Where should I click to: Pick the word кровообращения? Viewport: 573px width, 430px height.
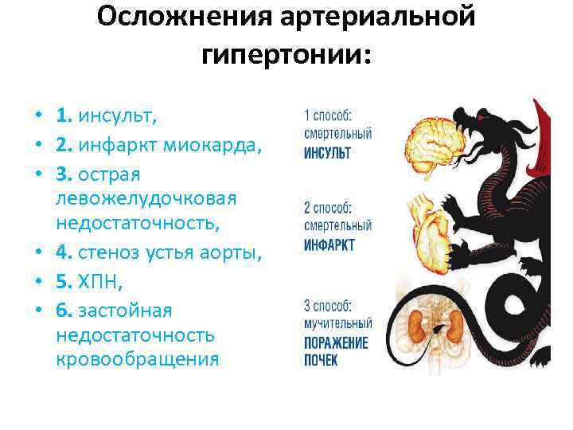(137, 359)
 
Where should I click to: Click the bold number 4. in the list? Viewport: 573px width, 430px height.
(64, 254)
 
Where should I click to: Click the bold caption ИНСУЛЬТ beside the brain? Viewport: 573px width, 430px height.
(327, 152)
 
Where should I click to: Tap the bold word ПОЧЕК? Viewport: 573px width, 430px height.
(321, 361)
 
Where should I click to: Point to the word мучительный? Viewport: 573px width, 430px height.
(337, 324)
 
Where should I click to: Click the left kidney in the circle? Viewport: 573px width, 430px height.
(417, 326)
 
